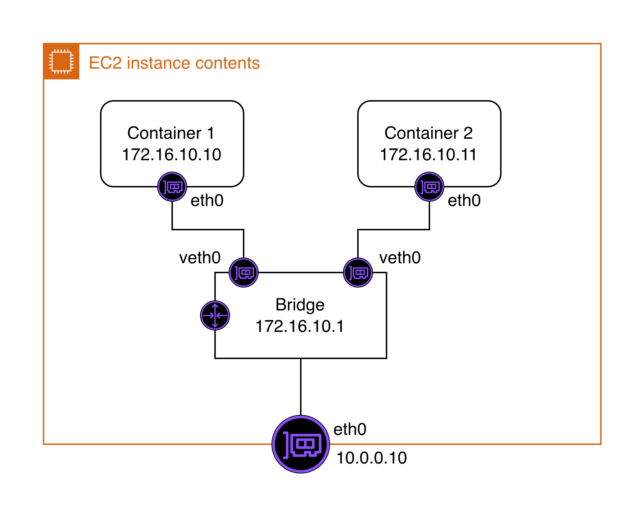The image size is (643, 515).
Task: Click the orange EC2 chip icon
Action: (x=61, y=62)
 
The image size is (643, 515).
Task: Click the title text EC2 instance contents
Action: (x=174, y=63)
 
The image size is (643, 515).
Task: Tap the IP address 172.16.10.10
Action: (x=171, y=154)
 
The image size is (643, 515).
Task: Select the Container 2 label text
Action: (x=428, y=133)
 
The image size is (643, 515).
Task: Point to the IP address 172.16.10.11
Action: (x=428, y=154)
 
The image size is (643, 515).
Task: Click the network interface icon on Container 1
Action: (x=172, y=187)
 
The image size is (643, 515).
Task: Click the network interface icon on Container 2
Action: (x=429, y=187)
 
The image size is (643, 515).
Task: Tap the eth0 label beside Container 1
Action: (x=207, y=200)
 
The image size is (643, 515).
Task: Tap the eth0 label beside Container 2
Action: (x=464, y=200)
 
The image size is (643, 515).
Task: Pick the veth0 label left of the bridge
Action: (x=200, y=257)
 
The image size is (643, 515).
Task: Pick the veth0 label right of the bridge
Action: (x=400, y=257)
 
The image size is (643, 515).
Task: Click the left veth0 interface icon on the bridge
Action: (x=244, y=273)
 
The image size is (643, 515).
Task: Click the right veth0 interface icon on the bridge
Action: (x=358, y=273)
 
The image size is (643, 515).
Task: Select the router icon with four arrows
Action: (x=215, y=315)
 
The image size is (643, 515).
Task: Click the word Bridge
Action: (x=300, y=305)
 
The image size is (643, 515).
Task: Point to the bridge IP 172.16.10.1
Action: (x=300, y=326)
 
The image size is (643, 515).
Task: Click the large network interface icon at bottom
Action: (x=301, y=444)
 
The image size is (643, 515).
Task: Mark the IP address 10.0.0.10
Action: (x=372, y=458)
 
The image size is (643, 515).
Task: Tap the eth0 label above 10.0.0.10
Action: (x=350, y=429)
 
